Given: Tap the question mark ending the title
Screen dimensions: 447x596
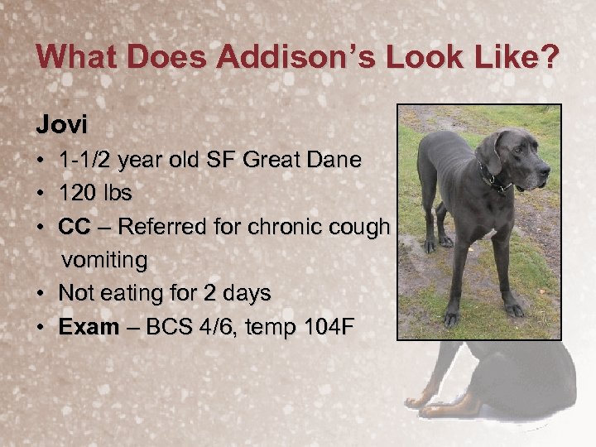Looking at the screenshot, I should (549, 57).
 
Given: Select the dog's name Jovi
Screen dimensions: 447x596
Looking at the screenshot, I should (61, 125).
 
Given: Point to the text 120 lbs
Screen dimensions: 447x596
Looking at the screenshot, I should (96, 194).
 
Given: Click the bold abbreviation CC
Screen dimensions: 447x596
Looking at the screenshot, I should (74, 227).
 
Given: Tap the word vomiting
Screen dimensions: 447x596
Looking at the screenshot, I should (105, 261).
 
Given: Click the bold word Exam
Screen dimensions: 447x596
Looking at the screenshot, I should (89, 327).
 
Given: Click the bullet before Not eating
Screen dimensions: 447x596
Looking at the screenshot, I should (41, 294).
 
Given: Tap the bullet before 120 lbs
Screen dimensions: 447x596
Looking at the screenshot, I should (41, 194).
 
